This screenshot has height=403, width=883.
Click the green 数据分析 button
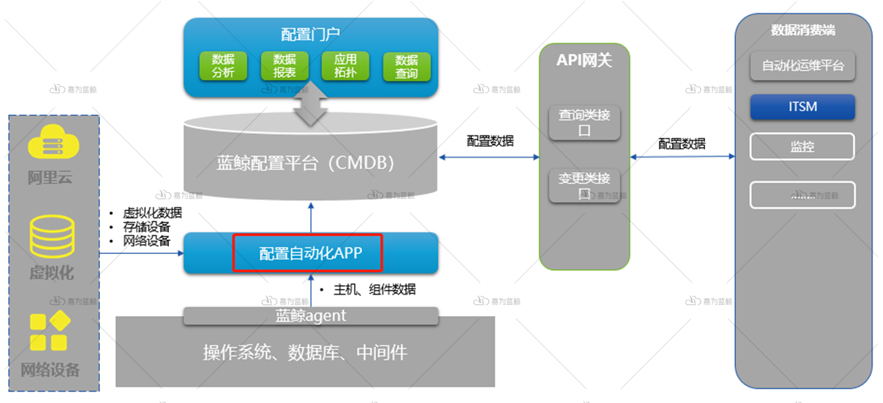point(223,66)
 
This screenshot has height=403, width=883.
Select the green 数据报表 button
point(284,66)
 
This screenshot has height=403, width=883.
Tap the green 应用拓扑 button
point(346,66)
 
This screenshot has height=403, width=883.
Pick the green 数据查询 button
point(406,66)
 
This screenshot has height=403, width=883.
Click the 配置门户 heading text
point(310,35)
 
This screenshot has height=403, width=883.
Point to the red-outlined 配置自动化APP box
point(307,253)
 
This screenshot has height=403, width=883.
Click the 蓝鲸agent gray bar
point(310,316)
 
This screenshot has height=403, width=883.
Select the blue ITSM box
point(802,107)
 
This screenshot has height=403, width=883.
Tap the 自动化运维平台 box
point(802,67)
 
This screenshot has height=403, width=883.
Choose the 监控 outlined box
point(802,146)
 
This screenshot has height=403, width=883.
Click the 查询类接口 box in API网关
point(584,122)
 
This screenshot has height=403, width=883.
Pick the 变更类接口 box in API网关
point(584,185)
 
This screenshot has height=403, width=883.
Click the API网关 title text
point(584,61)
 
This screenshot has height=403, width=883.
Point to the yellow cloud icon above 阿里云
point(54,143)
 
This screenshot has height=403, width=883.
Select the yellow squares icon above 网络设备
point(50,332)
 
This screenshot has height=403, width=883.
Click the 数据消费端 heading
point(803,30)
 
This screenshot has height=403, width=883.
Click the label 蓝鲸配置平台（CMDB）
point(305,164)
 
